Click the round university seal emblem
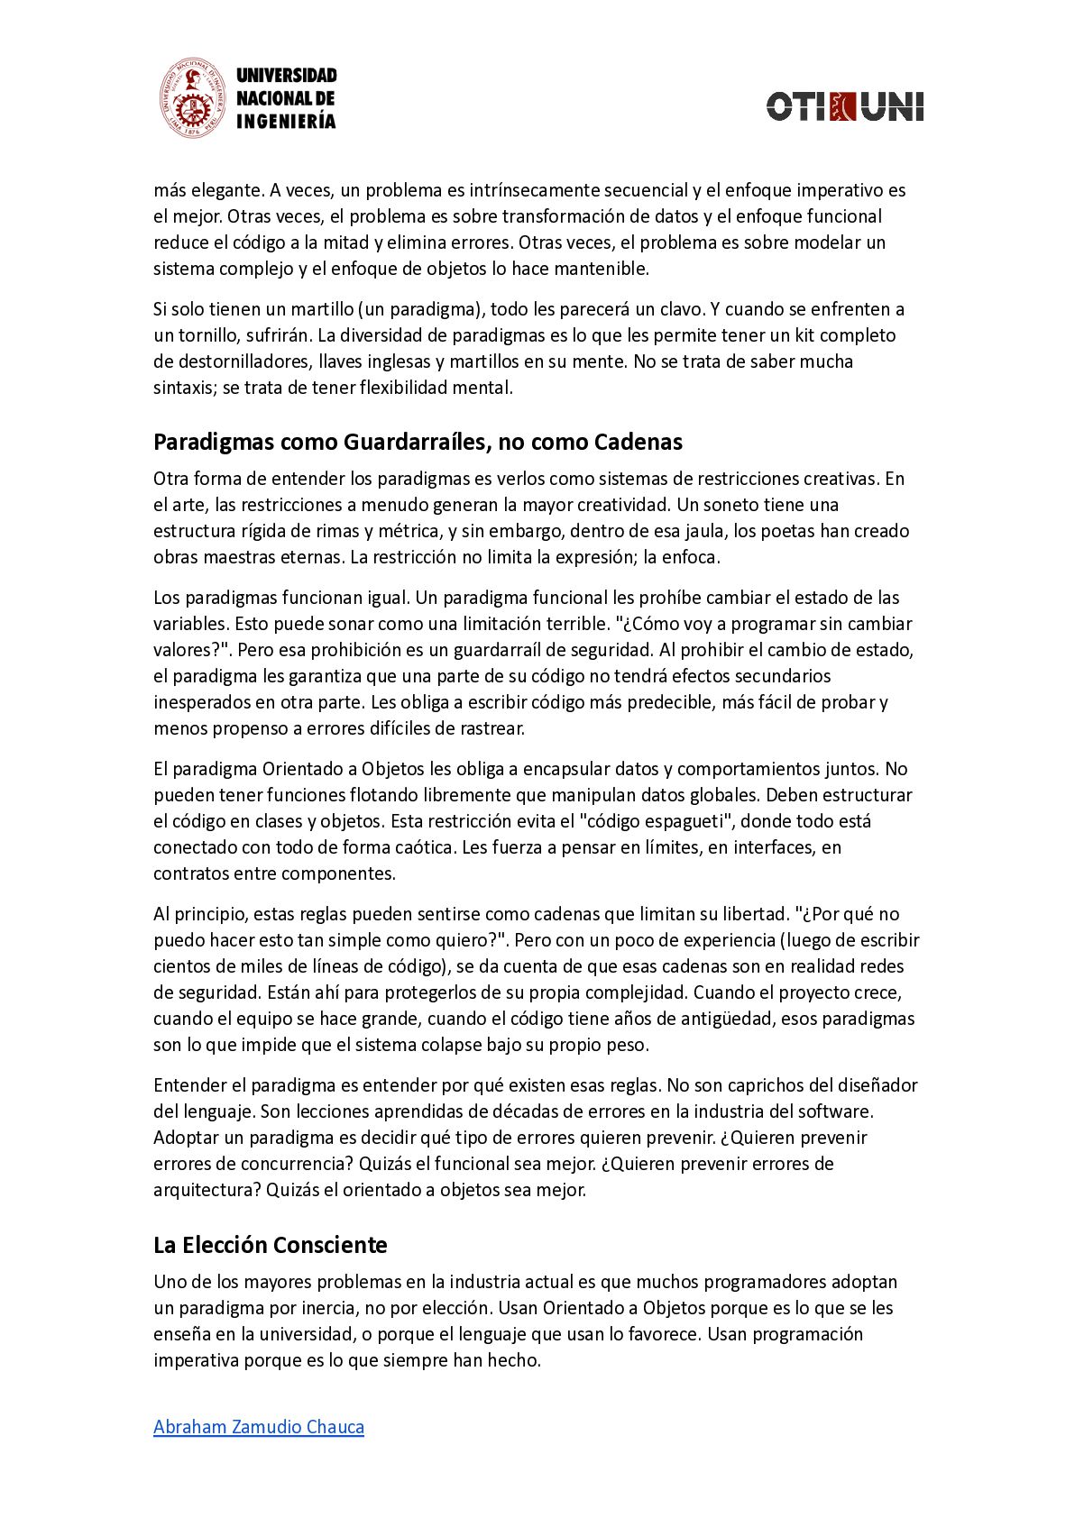click(x=191, y=98)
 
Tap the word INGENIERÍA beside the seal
click(x=285, y=122)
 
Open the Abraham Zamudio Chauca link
click(x=259, y=1427)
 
